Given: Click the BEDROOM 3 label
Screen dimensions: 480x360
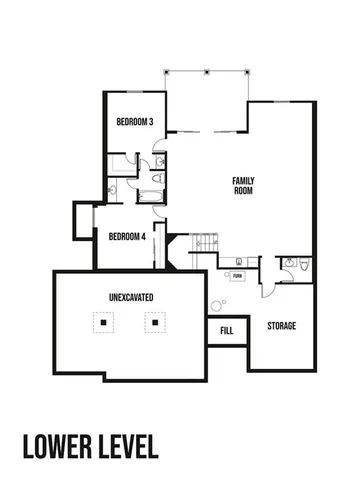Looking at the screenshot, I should pyautogui.click(x=134, y=122).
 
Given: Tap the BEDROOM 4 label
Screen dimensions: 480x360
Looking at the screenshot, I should pyautogui.click(x=127, y=236).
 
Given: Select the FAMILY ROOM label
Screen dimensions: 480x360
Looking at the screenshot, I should pyautogui.click(x=244, y=184).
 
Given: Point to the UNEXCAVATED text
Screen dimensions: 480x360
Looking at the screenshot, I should pyautogui.click(x=130, y=298).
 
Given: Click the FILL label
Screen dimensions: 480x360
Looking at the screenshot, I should pyautogui.click(x=226, y=330).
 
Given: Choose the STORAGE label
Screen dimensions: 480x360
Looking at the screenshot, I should pyautogui.click(x=281, y=326).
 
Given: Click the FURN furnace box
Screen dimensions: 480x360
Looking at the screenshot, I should pyautogui.click(x=237, y=275).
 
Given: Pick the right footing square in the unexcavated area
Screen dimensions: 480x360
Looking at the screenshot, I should pyautogui.click(x=155, y=323).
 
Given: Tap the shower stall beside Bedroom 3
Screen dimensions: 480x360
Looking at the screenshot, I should pyautogui.click(x=121, y=163).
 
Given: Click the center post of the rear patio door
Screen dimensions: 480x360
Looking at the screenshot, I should pyautogui.click(x=206, y=72).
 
